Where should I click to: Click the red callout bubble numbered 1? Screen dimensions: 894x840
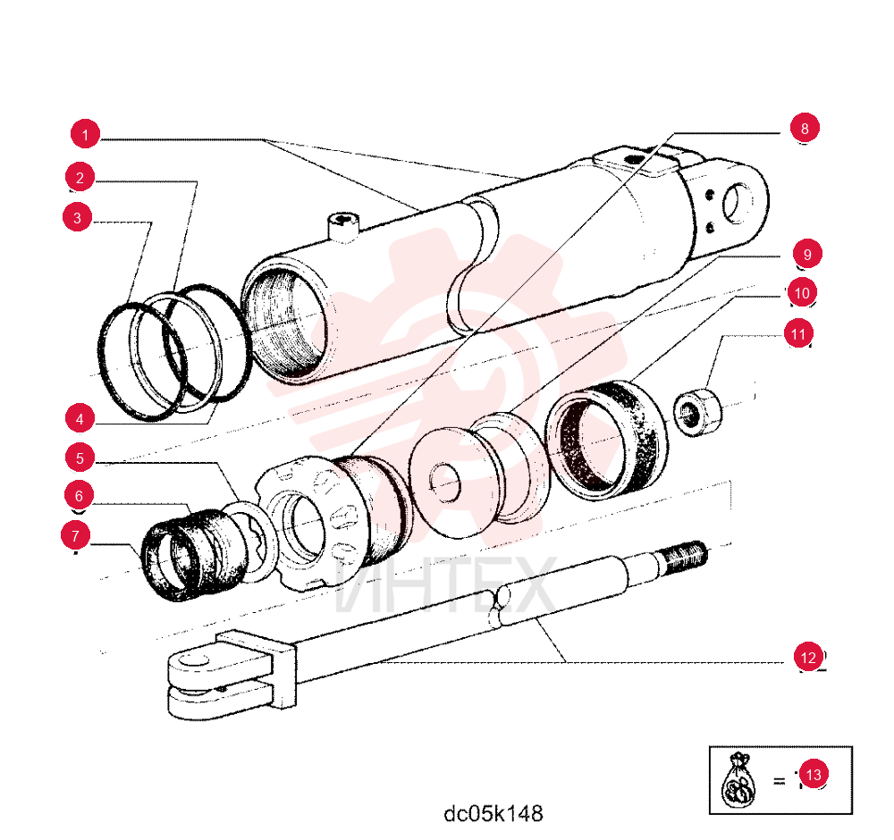point(85,135)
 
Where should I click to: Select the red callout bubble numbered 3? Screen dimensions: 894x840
point(77,217)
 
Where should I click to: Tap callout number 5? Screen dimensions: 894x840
point(80,458)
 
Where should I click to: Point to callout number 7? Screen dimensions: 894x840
point(75,535)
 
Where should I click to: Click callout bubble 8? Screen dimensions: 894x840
point(805,128)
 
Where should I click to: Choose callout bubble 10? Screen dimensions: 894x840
point(802,293)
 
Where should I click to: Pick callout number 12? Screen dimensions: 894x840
point(808,658)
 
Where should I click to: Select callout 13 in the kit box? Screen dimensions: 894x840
point(814,774)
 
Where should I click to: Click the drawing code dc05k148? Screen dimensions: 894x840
point(493,813)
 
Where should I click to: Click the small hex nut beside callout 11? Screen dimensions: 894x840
point(697,413)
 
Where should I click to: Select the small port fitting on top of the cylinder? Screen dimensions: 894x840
point(344,226)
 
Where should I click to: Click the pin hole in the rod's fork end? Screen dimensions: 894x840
point(193,661)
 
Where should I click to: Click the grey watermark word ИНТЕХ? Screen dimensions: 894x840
point(444,585)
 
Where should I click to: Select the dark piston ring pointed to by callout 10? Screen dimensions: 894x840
point(607,440)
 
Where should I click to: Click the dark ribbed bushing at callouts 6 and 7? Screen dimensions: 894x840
point(194,555)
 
